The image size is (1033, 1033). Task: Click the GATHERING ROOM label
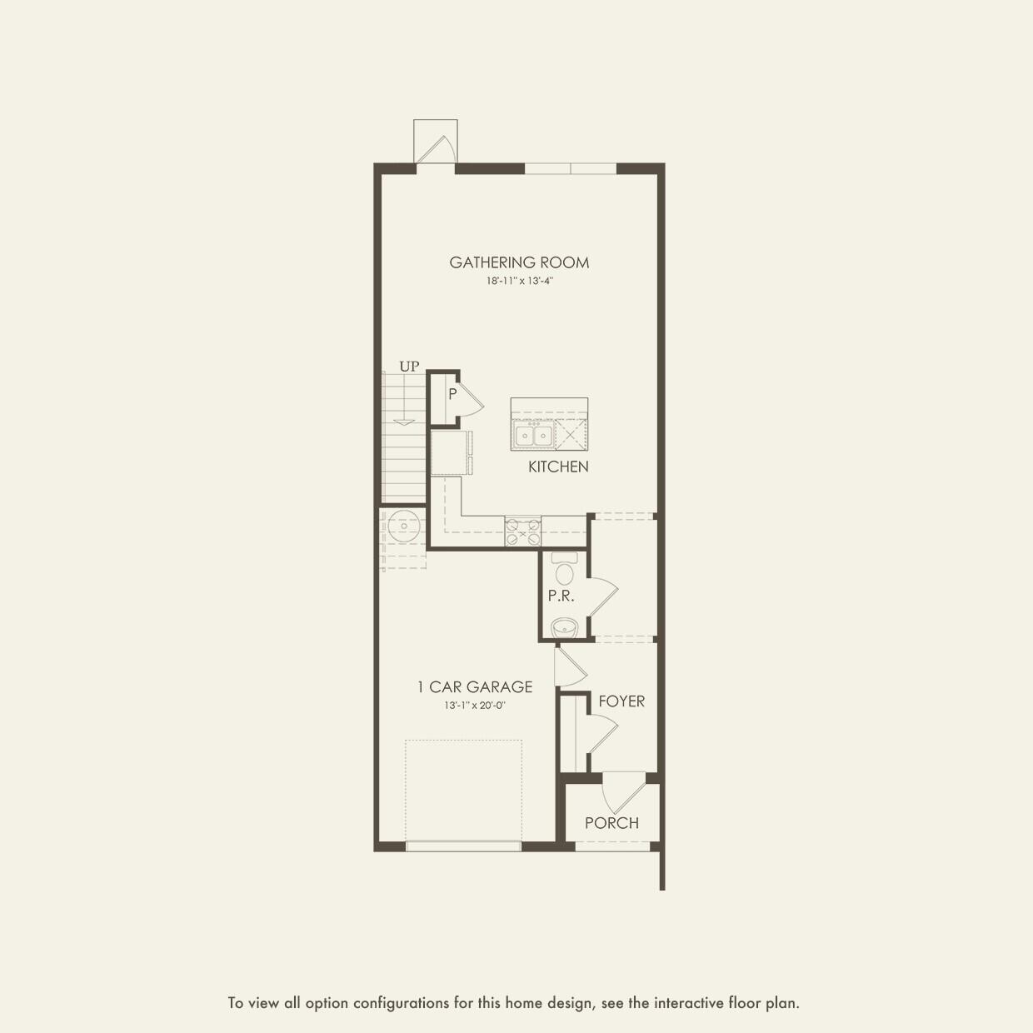[519, 262]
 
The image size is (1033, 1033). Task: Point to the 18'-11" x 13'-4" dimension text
[520, 282]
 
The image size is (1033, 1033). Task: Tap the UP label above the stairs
[409, 367]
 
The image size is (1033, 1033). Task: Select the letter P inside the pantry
[452, 394]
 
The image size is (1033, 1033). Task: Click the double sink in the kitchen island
[533, 435]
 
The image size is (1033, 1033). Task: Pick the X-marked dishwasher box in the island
[571, 435]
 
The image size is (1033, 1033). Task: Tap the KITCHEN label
[558, 467]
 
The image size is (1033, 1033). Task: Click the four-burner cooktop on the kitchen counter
[522, 531]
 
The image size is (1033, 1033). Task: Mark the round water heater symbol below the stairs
[404, 526]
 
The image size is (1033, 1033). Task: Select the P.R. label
[561, 596]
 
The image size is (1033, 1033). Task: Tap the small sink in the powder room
[565, 627]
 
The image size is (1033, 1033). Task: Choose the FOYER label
[621, 701]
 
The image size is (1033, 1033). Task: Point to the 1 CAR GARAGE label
[475, 687]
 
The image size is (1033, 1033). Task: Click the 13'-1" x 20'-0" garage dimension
[475, 706]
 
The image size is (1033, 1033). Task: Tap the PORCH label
[611, 823]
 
